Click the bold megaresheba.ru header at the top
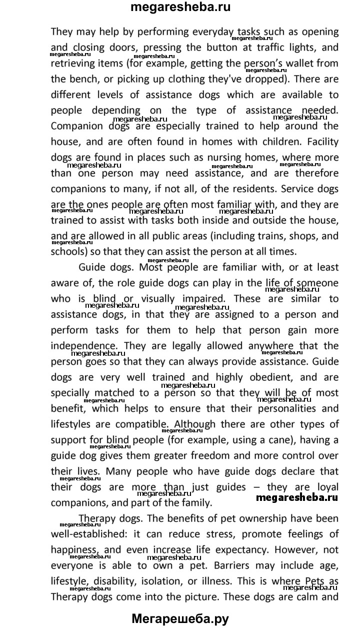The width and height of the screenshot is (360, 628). [x=180, y=8]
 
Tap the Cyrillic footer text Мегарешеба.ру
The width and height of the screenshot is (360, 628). [x=180, y=618]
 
